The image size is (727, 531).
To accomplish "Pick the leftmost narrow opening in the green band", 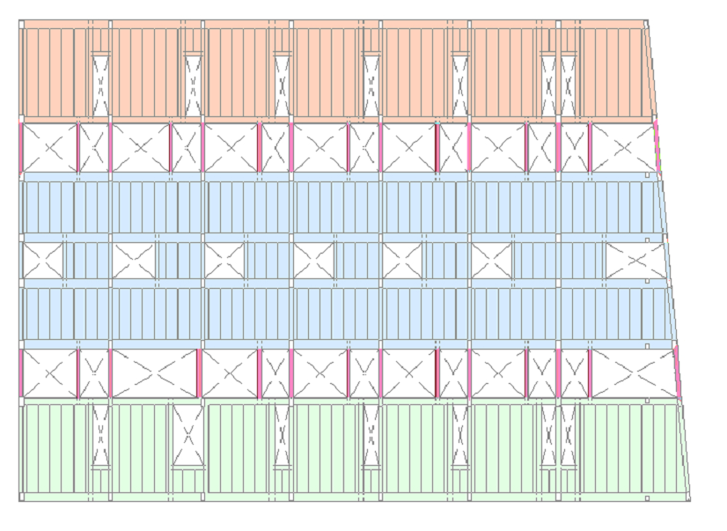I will pyautogui.click(x=100, y=435).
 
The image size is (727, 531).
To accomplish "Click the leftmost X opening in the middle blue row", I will pyautogui.click(x=43, y=261).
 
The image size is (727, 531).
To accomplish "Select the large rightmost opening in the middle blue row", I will pyautogui.click(x=635, y=261).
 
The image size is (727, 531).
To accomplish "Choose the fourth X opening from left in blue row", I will pyautogui.click(x=313, y=261).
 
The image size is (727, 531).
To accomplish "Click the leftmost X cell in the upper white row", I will pyautogui.click(x=48, y=147).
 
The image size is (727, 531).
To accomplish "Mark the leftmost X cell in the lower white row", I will pyautogui.click(x=48, y=373).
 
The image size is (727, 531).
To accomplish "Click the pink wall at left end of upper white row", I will pyautogui.click(x=20, y=147).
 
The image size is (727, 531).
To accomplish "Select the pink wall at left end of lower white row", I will pyautogui.click(x=20, y=373).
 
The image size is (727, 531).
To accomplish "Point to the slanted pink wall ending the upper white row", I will pyautogui.click(x=657, y=147).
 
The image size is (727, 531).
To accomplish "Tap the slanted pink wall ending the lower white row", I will pyautogui.click(x=678, y=373).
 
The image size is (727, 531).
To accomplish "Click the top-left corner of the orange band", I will pyautogui.click(x=21, y=21).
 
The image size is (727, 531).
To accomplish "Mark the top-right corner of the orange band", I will pyautogui.click(x=646, y=21).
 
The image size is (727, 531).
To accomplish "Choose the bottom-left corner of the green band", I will pyautogui.click(x=21, y=500).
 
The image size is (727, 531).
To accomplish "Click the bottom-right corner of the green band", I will pyautogui.click(x=689, y=500).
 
